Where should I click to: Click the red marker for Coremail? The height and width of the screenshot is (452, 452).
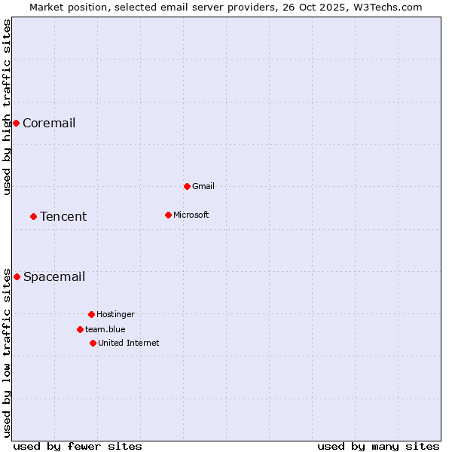point(16,123)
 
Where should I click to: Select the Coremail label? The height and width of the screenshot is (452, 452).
point(49,124)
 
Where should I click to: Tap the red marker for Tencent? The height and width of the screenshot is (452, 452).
point(33,216)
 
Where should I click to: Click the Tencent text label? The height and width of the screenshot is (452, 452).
point(63,217)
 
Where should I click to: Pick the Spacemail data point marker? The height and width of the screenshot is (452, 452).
point(17,276)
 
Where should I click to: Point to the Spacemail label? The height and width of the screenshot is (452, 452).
point(54,277)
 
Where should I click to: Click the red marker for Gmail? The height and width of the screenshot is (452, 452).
point(187,186)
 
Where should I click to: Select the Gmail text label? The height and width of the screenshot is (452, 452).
point(203,187)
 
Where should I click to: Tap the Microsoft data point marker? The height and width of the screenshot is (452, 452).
point(168,215)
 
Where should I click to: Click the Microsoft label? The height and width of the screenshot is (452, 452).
point(191,215)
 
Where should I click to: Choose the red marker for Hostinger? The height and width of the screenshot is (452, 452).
point(91,314)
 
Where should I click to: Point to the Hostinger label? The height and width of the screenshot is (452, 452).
point(115,315)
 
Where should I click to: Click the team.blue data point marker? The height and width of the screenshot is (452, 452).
point(80,329)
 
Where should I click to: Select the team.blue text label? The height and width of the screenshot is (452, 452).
point(105,330)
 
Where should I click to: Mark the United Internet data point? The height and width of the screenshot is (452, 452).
point(93,343)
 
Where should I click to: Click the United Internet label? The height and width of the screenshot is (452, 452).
point(129,344)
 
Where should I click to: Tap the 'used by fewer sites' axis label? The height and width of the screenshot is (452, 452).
point(78,446)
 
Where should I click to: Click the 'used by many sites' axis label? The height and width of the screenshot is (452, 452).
point(378,446)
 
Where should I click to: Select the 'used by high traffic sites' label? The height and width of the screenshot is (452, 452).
point(8,107)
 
